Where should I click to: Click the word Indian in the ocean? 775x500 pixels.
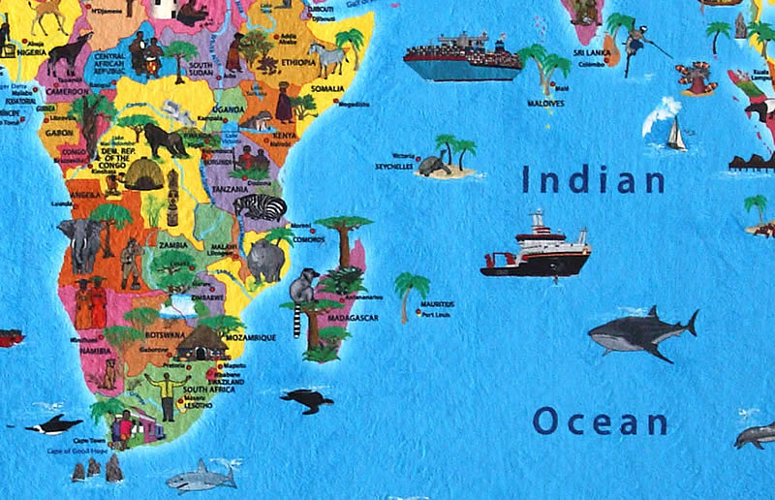click(x=594, y=179)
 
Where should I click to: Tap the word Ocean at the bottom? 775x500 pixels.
click(x=600, y=422)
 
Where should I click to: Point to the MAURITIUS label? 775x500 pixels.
click(x=437, y=304)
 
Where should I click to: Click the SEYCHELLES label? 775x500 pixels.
click(x=395, y=165)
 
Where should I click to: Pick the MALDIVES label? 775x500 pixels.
click(x=545, y=102)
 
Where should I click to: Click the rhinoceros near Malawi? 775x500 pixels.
click(x=265, y=261)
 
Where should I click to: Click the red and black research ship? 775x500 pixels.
click(x=537, y=251)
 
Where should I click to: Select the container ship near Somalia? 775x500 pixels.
click(x=462, y=59)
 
